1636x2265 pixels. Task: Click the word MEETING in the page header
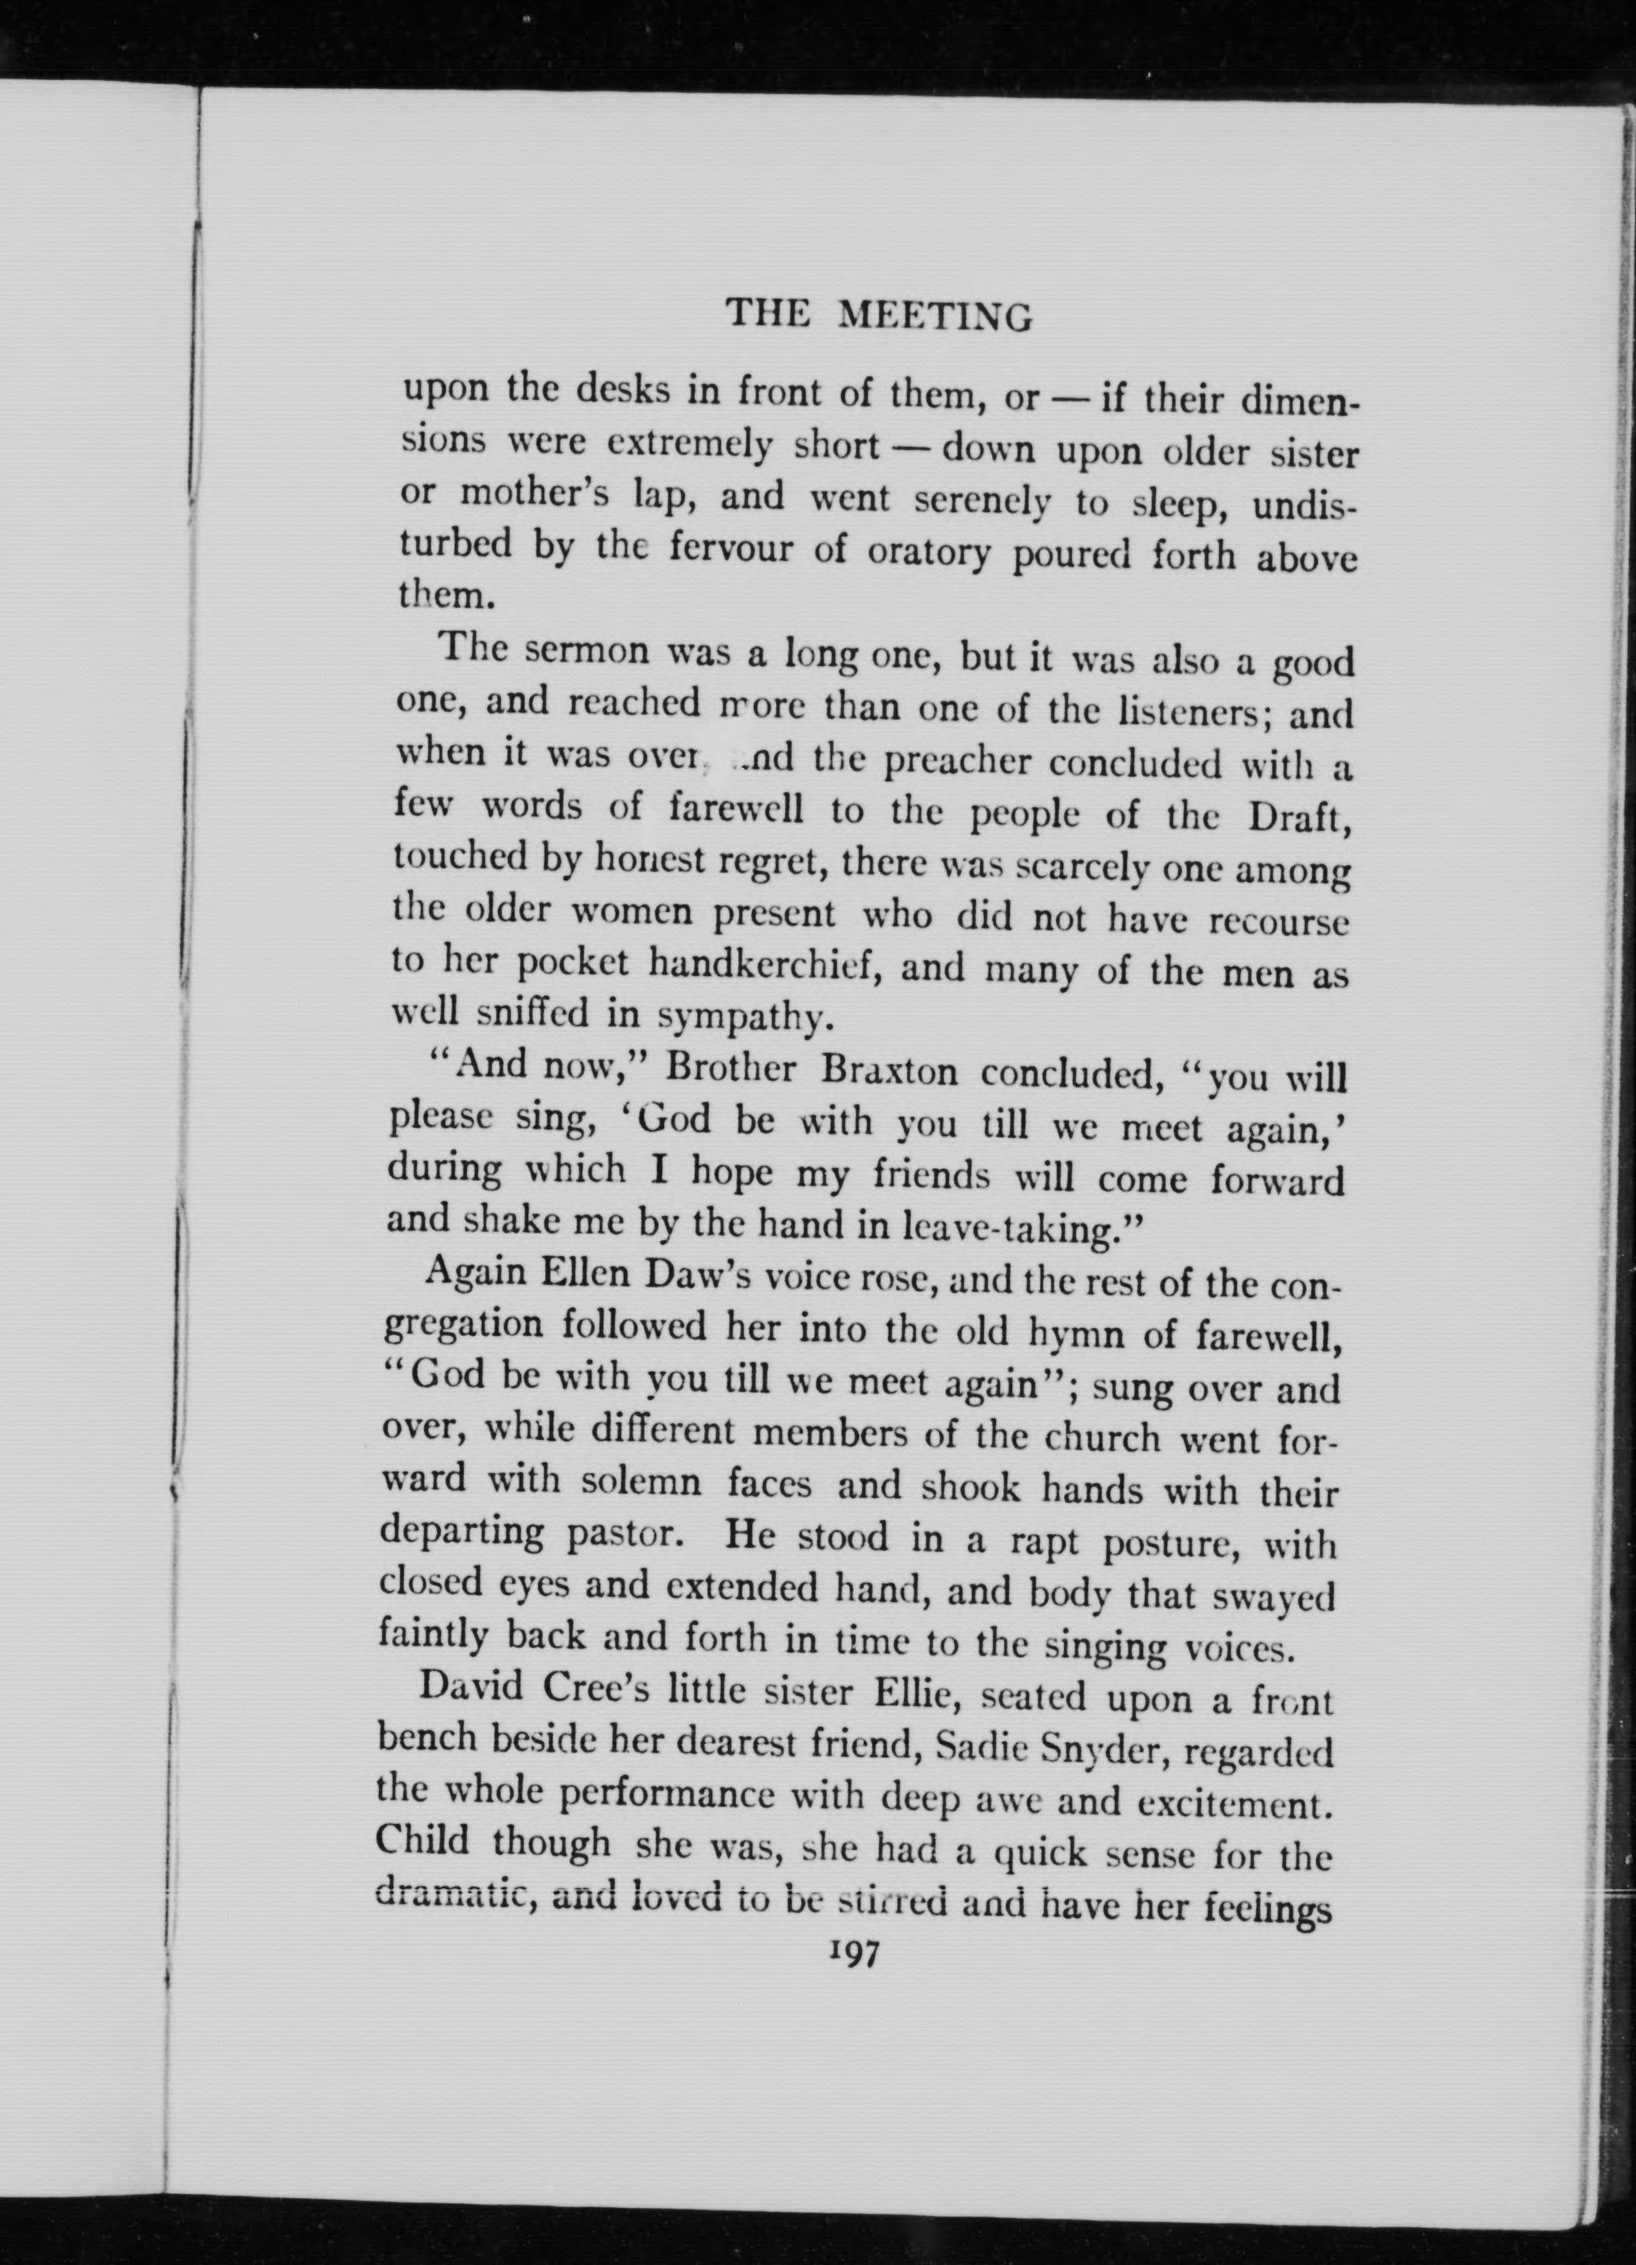pos(934,317)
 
